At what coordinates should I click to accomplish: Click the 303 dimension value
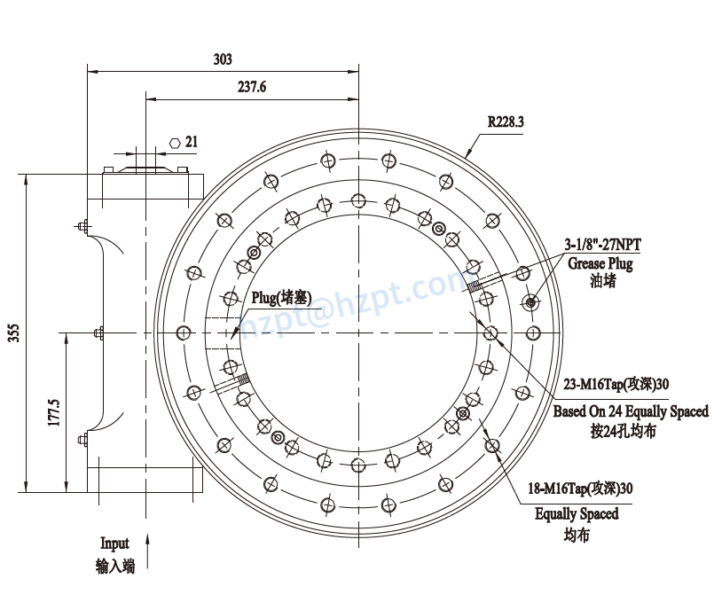[x=223, y=59]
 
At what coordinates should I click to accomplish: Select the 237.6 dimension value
[x=252, y=87]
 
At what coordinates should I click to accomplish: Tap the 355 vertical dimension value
[x=13, y=332]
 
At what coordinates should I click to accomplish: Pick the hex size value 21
[x=192, y=142]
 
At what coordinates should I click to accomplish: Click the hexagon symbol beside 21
[x=175, y=142]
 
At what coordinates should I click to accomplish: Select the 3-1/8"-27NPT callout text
[x=602, y=246]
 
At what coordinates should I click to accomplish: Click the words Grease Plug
[x=600, y=263]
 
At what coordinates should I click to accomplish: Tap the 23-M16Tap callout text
[x=616, y=385]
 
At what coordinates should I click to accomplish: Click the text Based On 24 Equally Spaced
[x=631, y=411]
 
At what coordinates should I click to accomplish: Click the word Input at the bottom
[x=114, y=544]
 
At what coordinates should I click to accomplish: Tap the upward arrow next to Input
[x=147, y=549]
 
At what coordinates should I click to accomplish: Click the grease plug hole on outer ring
[x=530, y=303]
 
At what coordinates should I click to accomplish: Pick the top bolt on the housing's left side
[x=82, y=227]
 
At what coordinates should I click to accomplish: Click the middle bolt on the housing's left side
[x=98, y=333]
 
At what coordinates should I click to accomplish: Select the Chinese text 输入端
[x=114, y=566]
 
